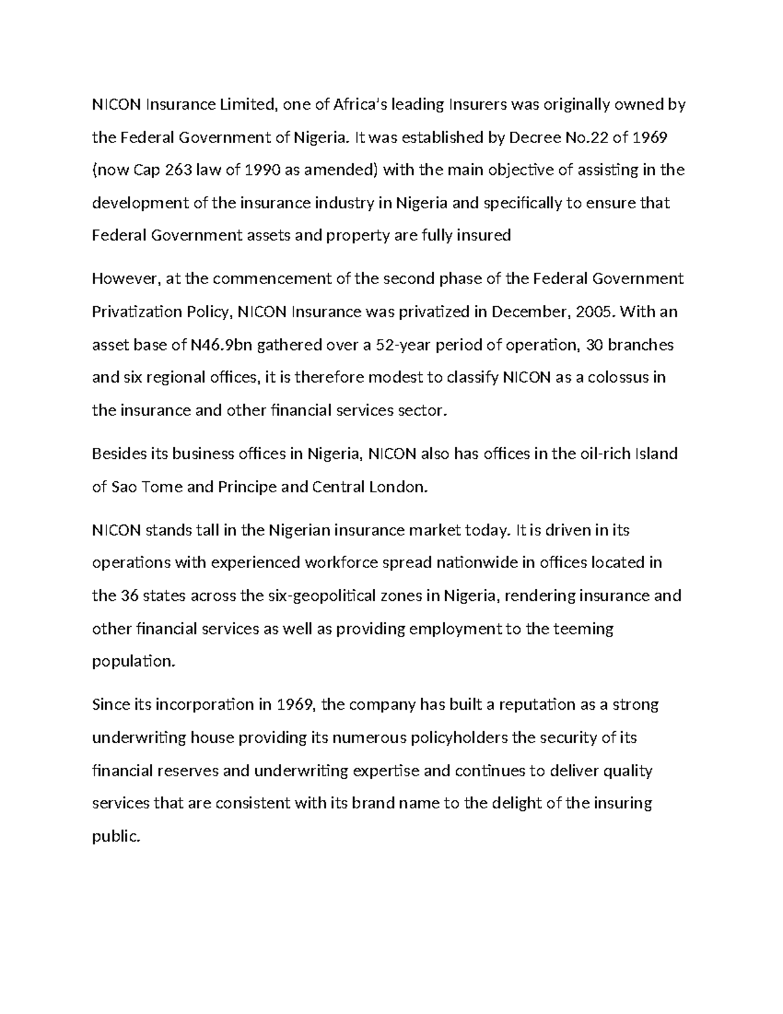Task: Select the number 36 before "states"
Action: tap(129, 595)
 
